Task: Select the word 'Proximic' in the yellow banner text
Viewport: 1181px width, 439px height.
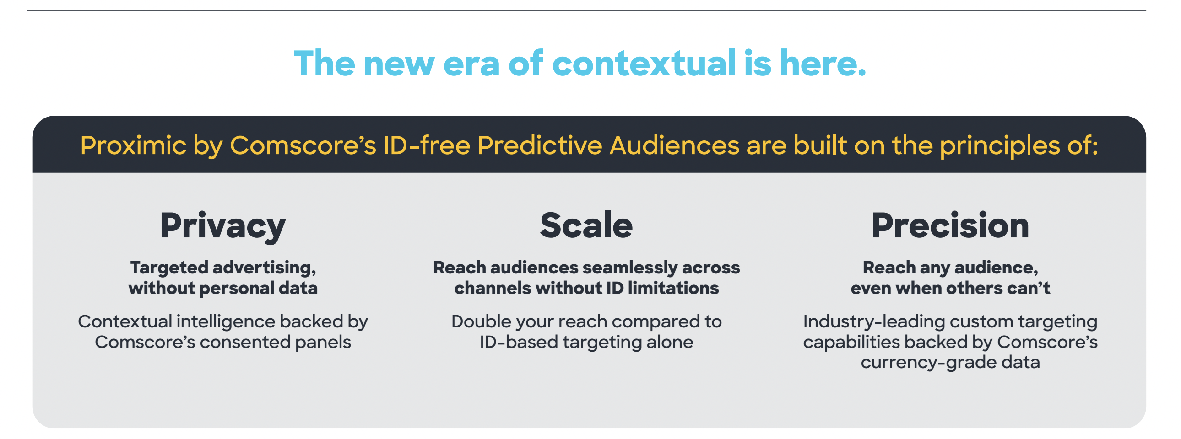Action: (133, 146)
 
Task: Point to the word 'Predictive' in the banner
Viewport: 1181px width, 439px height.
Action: (540, 145)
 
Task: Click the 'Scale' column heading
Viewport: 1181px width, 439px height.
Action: (586, 225)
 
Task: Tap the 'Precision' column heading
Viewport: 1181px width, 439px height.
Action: (950, 225)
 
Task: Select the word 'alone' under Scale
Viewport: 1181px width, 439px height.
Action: (670, 342)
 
